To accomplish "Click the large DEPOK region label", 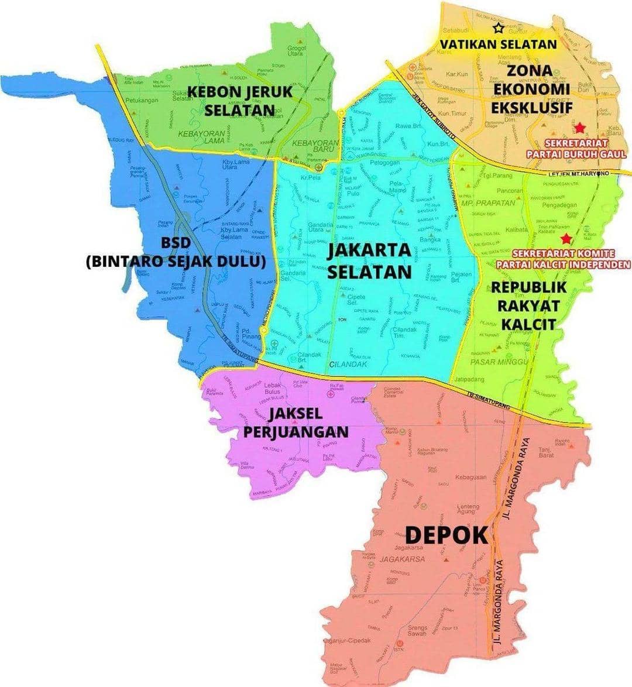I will tap(446, 534).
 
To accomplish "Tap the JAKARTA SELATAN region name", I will tap(369, 261).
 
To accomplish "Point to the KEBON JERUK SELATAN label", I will tap(240, 101).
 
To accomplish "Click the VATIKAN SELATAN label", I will tap(498, 44).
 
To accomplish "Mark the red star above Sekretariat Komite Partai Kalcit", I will tap(565, 239).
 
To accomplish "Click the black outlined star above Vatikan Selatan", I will tap(498, 28).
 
